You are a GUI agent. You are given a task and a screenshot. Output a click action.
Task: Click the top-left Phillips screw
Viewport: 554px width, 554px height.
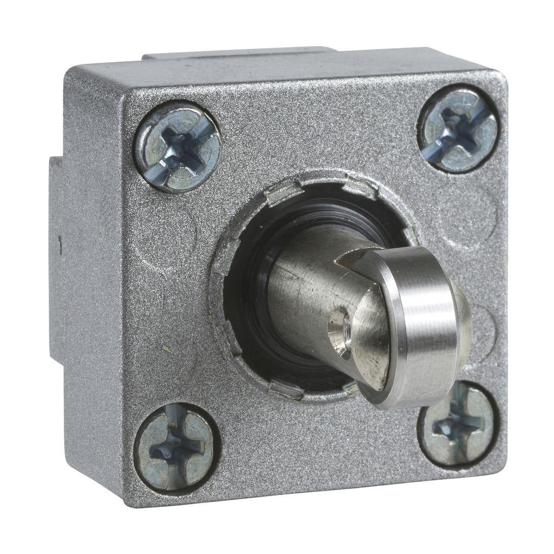pyautogui.click(x=177, y=147)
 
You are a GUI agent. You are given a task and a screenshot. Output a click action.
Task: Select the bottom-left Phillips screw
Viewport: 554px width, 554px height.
pyautogui.click(x=176, y=449)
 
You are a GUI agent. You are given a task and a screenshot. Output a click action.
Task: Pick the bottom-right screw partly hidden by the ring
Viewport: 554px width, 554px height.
pyautogui.click(x=460, y=427)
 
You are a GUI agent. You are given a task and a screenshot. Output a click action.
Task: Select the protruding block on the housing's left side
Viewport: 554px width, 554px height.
pyautogui.click(x=55, y=260)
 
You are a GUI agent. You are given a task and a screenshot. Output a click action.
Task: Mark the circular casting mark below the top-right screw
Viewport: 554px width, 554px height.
pyautogui.click(x=465, y=211)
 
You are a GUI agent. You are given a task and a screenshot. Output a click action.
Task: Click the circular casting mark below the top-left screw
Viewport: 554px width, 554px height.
pyautogui.click(x=162, y=233)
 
